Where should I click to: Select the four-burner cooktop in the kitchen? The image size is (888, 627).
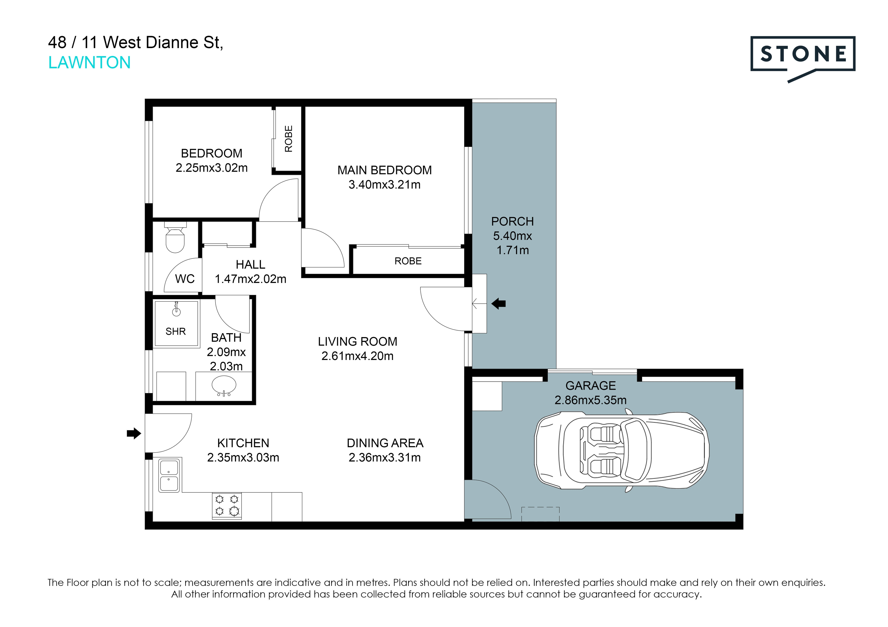[x=227, y=505]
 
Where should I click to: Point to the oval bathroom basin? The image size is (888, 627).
[x=224, y=385]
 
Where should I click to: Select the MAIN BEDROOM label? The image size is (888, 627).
[x=384, y=170]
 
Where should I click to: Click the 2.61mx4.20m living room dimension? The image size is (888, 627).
[x=357, y=356]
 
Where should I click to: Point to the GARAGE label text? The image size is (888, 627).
[x=591, y=386]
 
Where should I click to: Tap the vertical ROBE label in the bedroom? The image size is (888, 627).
[x=289, y=139]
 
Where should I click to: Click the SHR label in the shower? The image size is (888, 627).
[x=176, y=332]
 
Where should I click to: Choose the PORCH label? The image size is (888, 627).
[x=512, y=221]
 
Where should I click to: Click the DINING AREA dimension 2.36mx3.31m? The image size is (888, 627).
[x=384, y=457]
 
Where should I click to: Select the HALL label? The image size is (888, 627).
[x=251, y=265]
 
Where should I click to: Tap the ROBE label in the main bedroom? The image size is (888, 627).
[x=408, y=261]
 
